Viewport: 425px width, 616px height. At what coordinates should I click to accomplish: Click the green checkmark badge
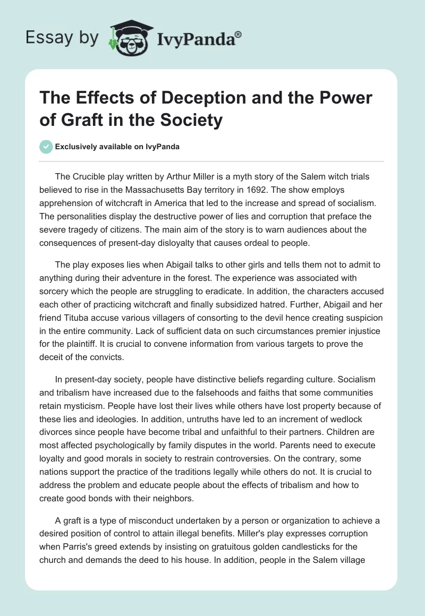tap(46, 147)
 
